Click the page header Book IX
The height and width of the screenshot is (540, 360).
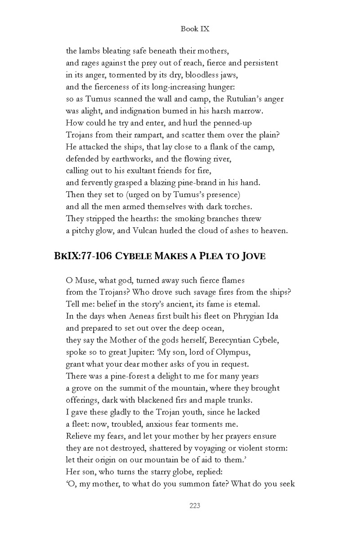pyautogui.click(x=195, y=29)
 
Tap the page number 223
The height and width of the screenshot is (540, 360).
pyautogui.click(x=194, y=506)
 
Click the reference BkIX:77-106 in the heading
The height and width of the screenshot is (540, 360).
pyautogui.click(x=88, y=256)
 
